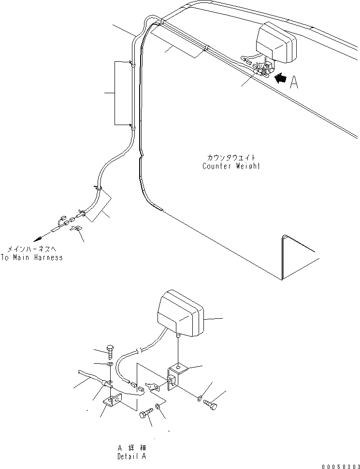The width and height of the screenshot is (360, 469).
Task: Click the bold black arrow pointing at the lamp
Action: (x=279, y=77)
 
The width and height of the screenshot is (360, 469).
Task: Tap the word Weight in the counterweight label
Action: (x=247, y=166)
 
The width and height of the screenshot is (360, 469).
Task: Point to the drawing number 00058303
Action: (x=338, y=462)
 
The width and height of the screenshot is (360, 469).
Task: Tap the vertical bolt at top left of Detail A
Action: (x=110, y=351)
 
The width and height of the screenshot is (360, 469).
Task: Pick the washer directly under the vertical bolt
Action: (x=110, y=364)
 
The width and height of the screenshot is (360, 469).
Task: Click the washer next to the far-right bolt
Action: (x=200, y=398)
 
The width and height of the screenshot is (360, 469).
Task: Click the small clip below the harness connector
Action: (x=75, y=228)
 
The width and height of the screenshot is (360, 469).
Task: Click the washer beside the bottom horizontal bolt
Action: (x=158, y=407)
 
